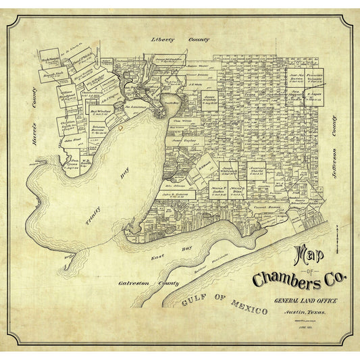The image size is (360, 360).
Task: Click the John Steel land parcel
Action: (73, 140)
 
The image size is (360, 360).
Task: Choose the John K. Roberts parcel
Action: (177, 195)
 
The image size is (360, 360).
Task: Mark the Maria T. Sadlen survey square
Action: (218, 188)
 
